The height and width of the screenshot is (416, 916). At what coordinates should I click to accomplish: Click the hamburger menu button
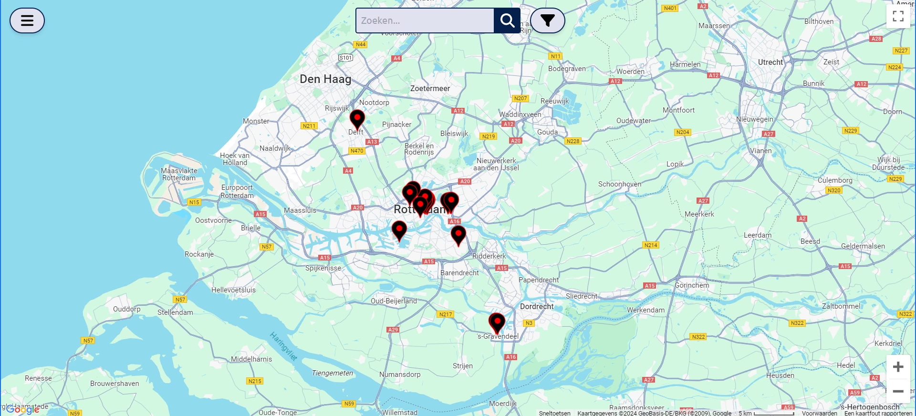27,21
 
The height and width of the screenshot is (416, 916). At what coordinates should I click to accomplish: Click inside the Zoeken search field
425,21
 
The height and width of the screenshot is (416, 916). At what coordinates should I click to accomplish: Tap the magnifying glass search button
507,21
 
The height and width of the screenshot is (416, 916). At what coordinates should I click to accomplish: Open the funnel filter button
547,21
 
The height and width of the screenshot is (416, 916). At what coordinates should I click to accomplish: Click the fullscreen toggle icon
898,16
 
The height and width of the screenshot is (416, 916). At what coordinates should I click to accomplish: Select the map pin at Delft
357,119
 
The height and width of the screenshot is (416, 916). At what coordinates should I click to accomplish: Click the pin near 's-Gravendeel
497,322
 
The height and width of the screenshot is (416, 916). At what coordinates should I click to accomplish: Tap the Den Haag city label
325,79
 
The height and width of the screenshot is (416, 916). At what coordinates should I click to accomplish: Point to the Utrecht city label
770,62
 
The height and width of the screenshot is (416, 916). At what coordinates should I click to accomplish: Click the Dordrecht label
537,306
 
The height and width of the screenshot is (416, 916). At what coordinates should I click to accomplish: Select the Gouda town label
547,132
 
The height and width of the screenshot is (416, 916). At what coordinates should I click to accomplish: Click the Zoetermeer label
430,88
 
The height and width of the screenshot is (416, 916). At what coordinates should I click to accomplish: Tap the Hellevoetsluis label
233,290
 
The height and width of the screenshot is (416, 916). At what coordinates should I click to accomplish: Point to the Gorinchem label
691,285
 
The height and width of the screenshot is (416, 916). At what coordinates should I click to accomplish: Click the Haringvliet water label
283,346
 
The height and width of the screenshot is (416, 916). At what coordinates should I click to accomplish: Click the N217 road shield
445,314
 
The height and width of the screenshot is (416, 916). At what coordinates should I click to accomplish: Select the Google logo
22,409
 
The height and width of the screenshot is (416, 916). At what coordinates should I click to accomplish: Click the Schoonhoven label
620,184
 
